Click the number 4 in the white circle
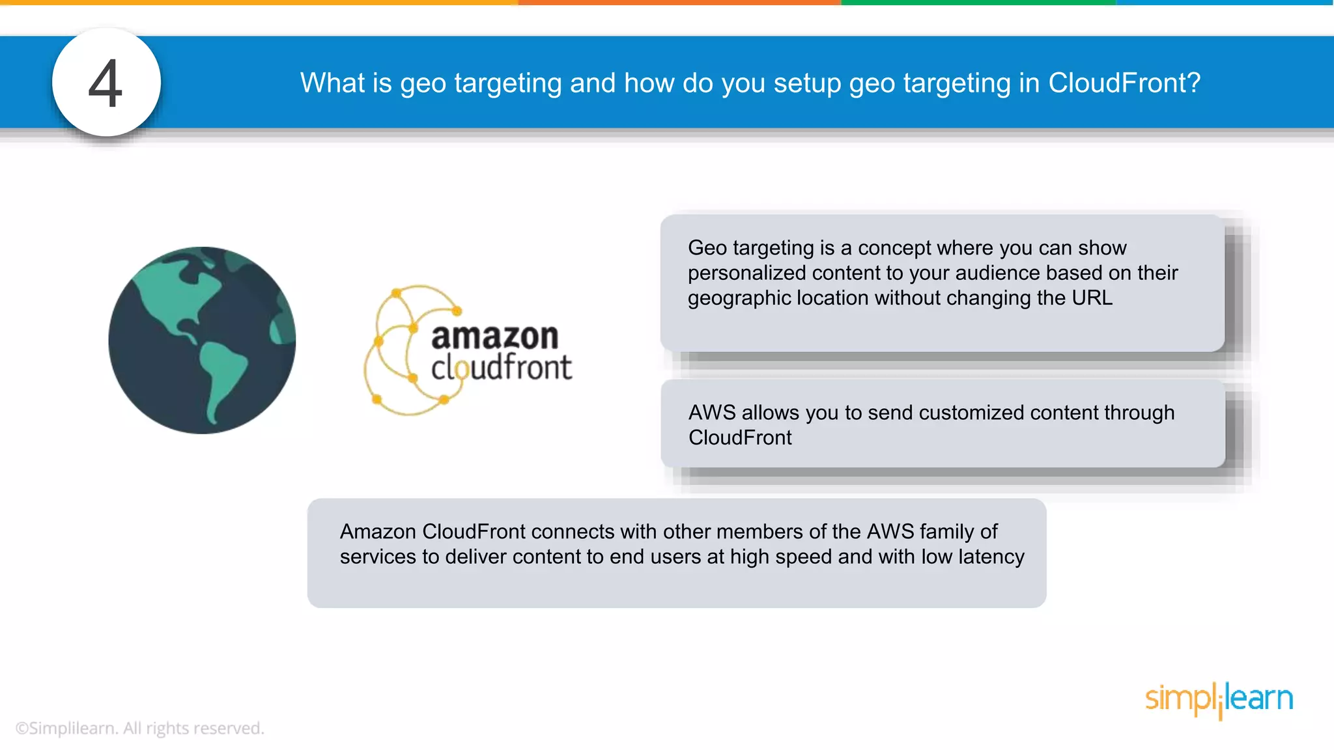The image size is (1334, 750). [106, 83]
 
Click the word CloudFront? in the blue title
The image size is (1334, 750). [1124, 83]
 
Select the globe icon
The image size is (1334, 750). [202, 340]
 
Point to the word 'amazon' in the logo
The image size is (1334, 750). [494, 337]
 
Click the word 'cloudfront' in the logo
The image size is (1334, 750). [501, 368]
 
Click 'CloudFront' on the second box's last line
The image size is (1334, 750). [740, 437]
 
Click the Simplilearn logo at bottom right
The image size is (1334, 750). [1219, 699]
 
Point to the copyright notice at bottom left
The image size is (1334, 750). [140, 728]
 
